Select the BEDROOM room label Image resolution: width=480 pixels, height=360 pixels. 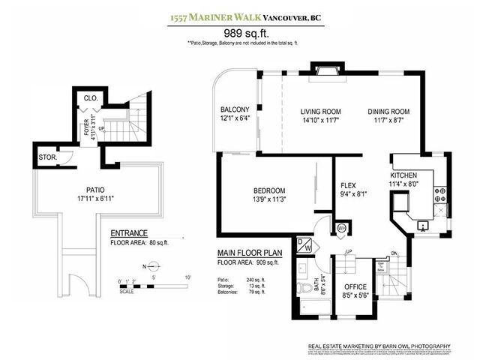coord(268,190)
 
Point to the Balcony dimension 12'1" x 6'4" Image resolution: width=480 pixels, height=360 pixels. coord(235,118)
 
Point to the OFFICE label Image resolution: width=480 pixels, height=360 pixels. coord(355,286)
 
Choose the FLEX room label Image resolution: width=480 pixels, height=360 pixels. coord(348,185)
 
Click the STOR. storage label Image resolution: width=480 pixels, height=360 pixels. coord(47,157)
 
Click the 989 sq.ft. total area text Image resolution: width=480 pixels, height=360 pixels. coord(244,33)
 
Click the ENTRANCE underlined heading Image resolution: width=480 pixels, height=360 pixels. coord(129,232)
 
